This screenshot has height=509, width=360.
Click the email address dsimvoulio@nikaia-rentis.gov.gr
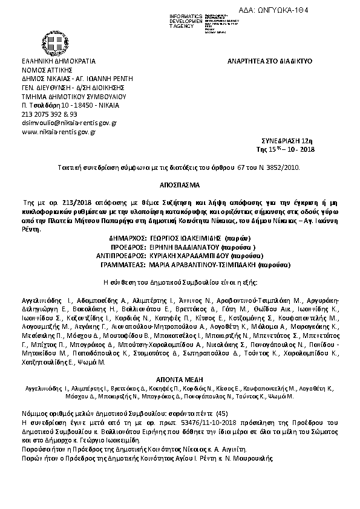pos(69,122)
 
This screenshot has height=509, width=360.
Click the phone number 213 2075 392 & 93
pos(49,114)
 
